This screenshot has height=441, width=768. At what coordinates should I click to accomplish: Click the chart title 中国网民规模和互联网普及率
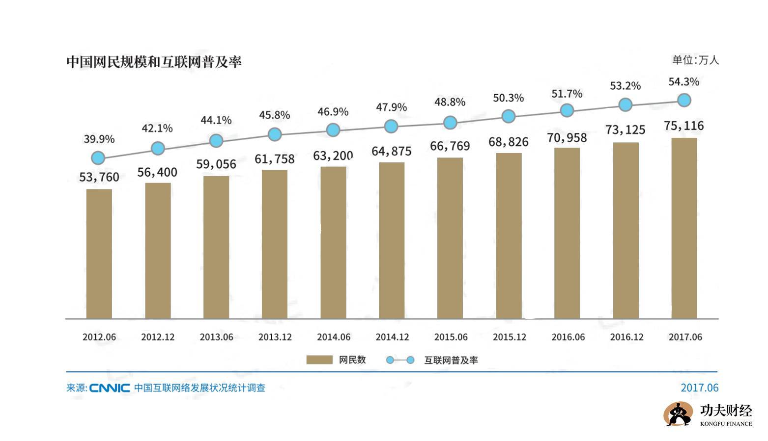click(154, 62)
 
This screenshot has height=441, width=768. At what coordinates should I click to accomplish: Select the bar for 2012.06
click(99, 254)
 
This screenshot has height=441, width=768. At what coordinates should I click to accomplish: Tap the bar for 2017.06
click(684, 228)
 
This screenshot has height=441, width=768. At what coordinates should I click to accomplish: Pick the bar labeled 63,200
click(333, 242)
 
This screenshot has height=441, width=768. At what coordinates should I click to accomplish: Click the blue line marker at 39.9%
click(98, 158)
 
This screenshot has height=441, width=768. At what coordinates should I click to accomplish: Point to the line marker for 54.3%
click(684, 100)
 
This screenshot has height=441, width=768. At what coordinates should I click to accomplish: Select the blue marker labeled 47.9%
click(391, 127)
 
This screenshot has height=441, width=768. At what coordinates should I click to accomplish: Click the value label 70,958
click(567, 138)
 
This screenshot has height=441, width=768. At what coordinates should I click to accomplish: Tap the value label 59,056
click(216, 164)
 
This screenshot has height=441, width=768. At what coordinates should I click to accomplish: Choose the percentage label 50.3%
click(509, 98)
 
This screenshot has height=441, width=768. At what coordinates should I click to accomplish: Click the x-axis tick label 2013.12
click(275, 337)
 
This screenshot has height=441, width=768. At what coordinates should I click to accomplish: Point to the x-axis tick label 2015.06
click(451, 337)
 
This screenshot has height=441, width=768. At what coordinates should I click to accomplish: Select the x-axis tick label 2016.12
click(626, 337)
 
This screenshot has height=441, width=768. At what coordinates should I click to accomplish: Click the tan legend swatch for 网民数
click(319, 360)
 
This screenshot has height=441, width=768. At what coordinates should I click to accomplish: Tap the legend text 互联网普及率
click(451, 360)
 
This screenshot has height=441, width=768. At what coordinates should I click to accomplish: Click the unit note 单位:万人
click(695, 60)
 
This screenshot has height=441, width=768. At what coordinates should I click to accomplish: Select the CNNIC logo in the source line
click(110, 388)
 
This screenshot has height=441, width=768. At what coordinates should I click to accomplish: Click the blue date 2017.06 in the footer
click(699, 388)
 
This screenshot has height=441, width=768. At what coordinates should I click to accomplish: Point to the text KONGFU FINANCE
click(726, 424)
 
